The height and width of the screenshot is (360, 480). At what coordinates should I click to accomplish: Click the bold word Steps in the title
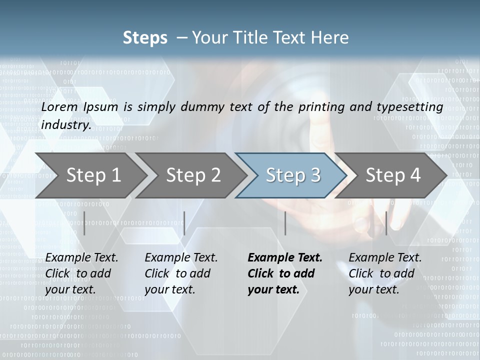(x=145, y=38)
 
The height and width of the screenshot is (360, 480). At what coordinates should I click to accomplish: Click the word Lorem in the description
(x=59, y=107)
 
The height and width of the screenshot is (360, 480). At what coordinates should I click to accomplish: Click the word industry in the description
(x=65, y=124)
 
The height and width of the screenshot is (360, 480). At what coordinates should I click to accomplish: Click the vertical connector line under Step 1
(x=84, y=223)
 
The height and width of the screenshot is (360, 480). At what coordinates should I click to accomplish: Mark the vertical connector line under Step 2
(x=184, y=223)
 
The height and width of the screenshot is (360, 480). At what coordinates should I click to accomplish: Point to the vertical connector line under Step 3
(x=285, y=223)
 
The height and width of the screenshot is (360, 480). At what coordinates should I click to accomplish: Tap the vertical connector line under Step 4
(x=386, y=223)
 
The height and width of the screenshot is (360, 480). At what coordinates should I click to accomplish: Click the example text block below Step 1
(x=81, y=273)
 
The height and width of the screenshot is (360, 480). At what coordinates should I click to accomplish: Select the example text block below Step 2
(x=181, y=273)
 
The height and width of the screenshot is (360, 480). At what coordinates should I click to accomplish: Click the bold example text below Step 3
(x=285, y=273)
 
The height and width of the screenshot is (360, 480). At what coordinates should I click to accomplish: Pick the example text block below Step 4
(x=385, y=273)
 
